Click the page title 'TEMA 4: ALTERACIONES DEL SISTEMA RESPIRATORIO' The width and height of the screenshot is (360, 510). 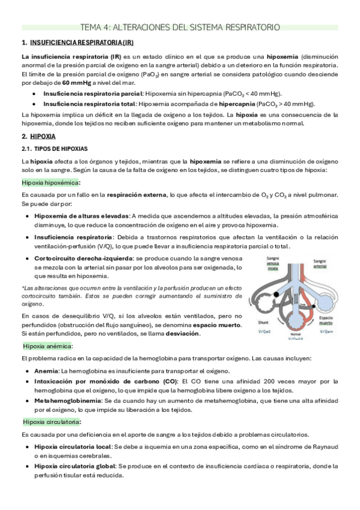[180, 27]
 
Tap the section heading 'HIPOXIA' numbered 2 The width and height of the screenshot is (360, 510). [42, 136]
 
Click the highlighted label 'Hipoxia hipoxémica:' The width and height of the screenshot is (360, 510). [50, 182]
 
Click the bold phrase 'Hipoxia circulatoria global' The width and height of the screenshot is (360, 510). [76, 466]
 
